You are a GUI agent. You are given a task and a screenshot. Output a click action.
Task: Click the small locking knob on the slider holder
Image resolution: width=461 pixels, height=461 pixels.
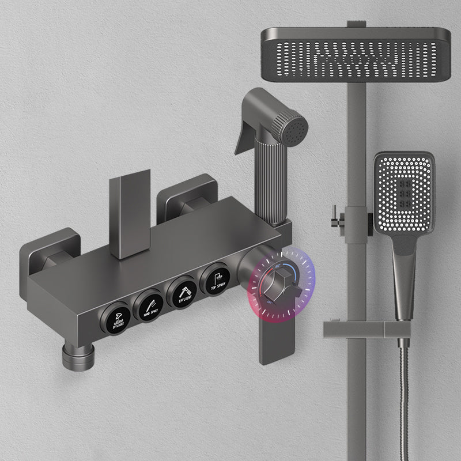tap(333, 217)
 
